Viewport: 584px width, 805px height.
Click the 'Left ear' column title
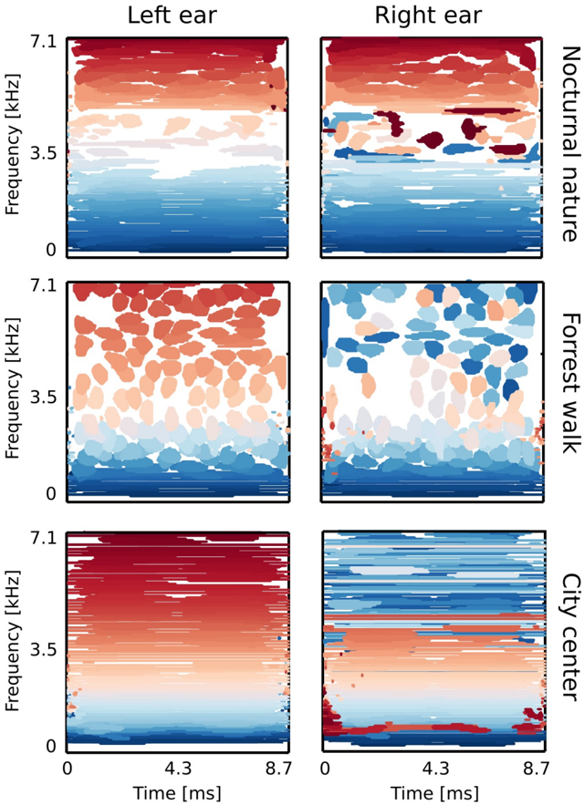[x=178, y=15]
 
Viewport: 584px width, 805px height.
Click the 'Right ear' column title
[x=433, y=15]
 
